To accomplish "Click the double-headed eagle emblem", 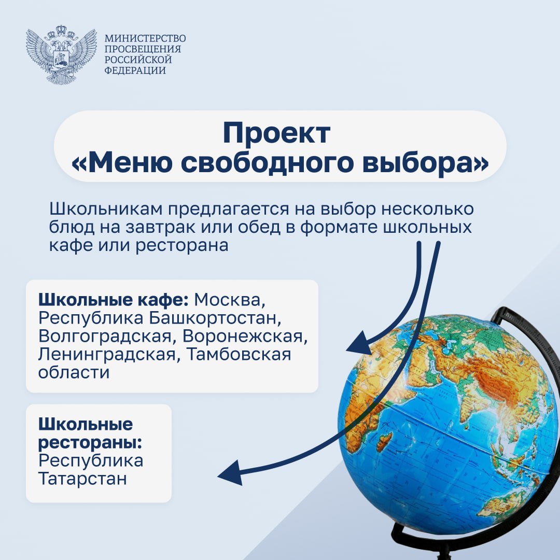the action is [x=61, y=54].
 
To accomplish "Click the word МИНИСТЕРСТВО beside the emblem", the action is [x=145, y=38].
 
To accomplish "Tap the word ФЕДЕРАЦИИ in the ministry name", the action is [x=135, y=70].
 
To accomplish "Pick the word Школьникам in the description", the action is [x=106, y=209].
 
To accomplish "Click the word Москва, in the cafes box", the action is [x=230, y=300].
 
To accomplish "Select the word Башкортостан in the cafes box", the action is [x=213, y=318].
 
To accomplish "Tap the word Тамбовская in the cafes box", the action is [x=239, y=354].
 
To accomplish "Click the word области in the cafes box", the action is [x=74, y=372].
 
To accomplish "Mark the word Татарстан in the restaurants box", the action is [x=82, y=479].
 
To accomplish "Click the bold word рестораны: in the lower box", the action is [x=90, y=443].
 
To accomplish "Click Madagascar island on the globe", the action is [x=384, y=441].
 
